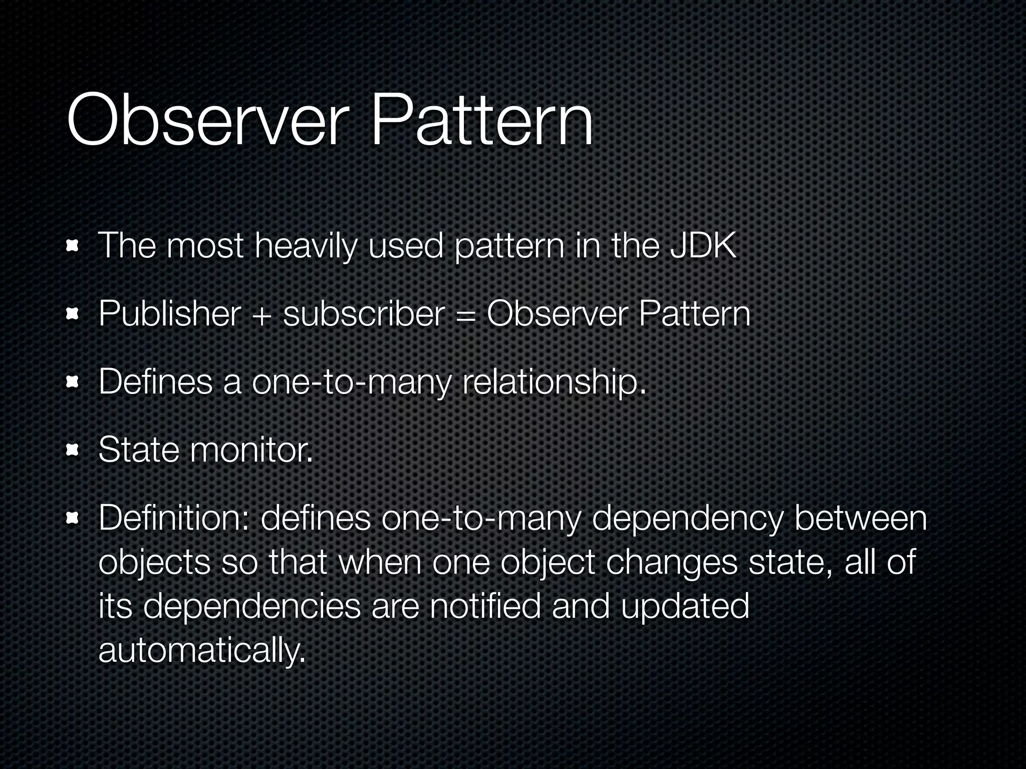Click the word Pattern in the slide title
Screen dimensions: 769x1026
[481, 120]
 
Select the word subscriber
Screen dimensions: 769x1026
[364, 314]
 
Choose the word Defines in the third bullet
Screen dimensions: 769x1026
[156, 381]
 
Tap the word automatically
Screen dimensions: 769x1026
[202, 650]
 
